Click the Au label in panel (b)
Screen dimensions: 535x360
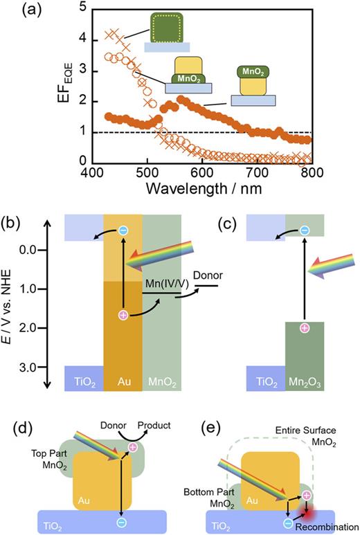click(123, 380)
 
